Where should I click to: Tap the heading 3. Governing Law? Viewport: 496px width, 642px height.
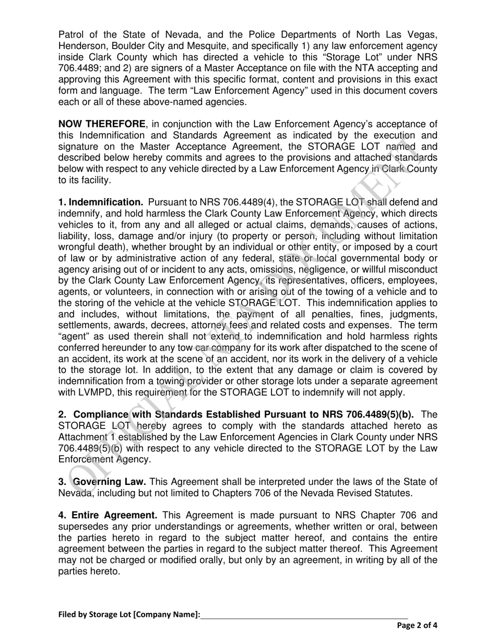(x=102, y=482)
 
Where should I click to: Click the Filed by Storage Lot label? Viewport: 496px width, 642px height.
(x=129, y=614)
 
